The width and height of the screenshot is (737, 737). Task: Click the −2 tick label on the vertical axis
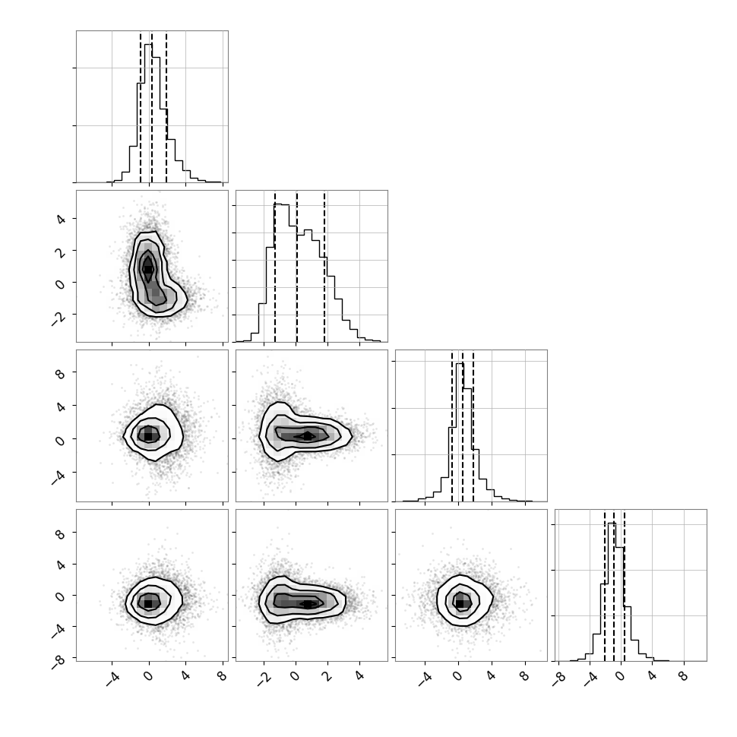pos(59,319)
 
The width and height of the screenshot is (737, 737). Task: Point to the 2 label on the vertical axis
pos(61,252)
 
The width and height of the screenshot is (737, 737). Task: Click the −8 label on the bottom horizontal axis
pos(558,678)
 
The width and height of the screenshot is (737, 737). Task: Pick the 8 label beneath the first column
pos(222,676)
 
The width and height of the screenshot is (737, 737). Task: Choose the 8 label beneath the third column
pos(524,676)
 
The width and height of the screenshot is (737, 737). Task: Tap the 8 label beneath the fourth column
pos(683,676)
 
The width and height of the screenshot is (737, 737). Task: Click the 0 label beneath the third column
pos(458,676)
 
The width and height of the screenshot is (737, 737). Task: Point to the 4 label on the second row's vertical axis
pos(61,220)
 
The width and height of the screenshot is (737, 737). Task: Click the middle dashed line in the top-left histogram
pos(152,108)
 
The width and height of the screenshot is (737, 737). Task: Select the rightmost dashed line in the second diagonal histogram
pos(324,267)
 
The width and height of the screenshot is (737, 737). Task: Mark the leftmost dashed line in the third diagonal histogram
pos(451,426)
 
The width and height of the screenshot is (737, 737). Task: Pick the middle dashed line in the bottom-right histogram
pos(614,586)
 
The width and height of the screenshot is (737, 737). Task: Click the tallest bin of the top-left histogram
pos(148,113)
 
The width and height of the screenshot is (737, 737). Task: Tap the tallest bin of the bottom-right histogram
pos(612,592)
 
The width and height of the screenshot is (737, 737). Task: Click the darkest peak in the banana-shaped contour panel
pos(147,269)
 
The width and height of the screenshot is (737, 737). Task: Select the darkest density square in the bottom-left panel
pos(148,603)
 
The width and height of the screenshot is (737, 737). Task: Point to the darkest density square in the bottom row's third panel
pos(460,603)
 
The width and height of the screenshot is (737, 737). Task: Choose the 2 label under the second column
pos(328,676)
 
